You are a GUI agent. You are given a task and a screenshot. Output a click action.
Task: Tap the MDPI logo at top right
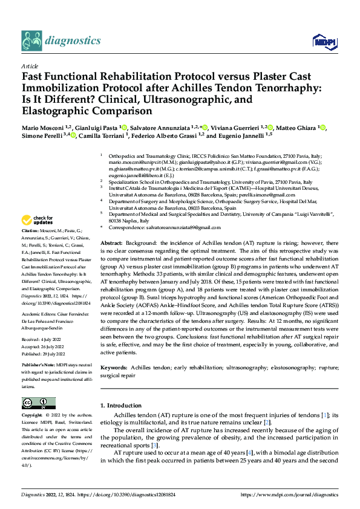click(x=322, y=41)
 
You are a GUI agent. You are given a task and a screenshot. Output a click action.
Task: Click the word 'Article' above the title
click(x=29, y=66)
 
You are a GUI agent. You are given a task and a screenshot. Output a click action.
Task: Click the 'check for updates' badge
click(x=38, y=220)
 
